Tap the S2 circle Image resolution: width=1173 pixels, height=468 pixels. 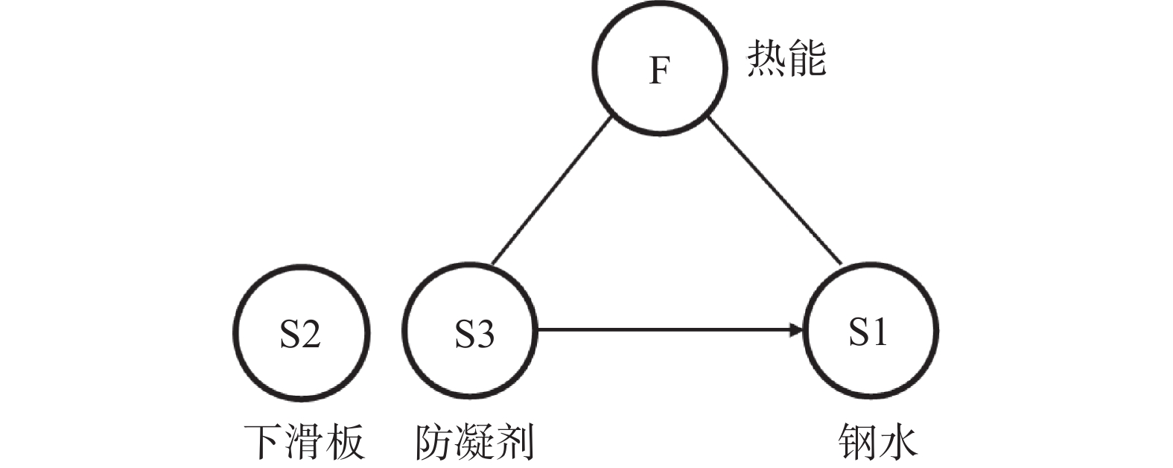301,334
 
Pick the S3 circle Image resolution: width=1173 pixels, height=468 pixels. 469,334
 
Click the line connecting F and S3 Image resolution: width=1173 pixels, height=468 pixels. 551,192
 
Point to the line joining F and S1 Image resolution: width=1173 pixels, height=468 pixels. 775,192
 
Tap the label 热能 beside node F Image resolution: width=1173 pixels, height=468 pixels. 786,59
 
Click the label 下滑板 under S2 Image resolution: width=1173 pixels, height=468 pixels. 304,442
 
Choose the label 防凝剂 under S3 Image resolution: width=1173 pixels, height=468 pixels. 474,442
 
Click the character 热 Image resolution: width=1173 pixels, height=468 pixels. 766,59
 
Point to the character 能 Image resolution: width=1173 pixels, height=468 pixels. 807,59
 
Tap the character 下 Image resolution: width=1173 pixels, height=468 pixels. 264,442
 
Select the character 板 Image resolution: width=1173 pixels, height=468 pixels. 344,442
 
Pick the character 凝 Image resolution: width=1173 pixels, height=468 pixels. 474,442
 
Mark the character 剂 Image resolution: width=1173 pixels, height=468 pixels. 515,442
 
